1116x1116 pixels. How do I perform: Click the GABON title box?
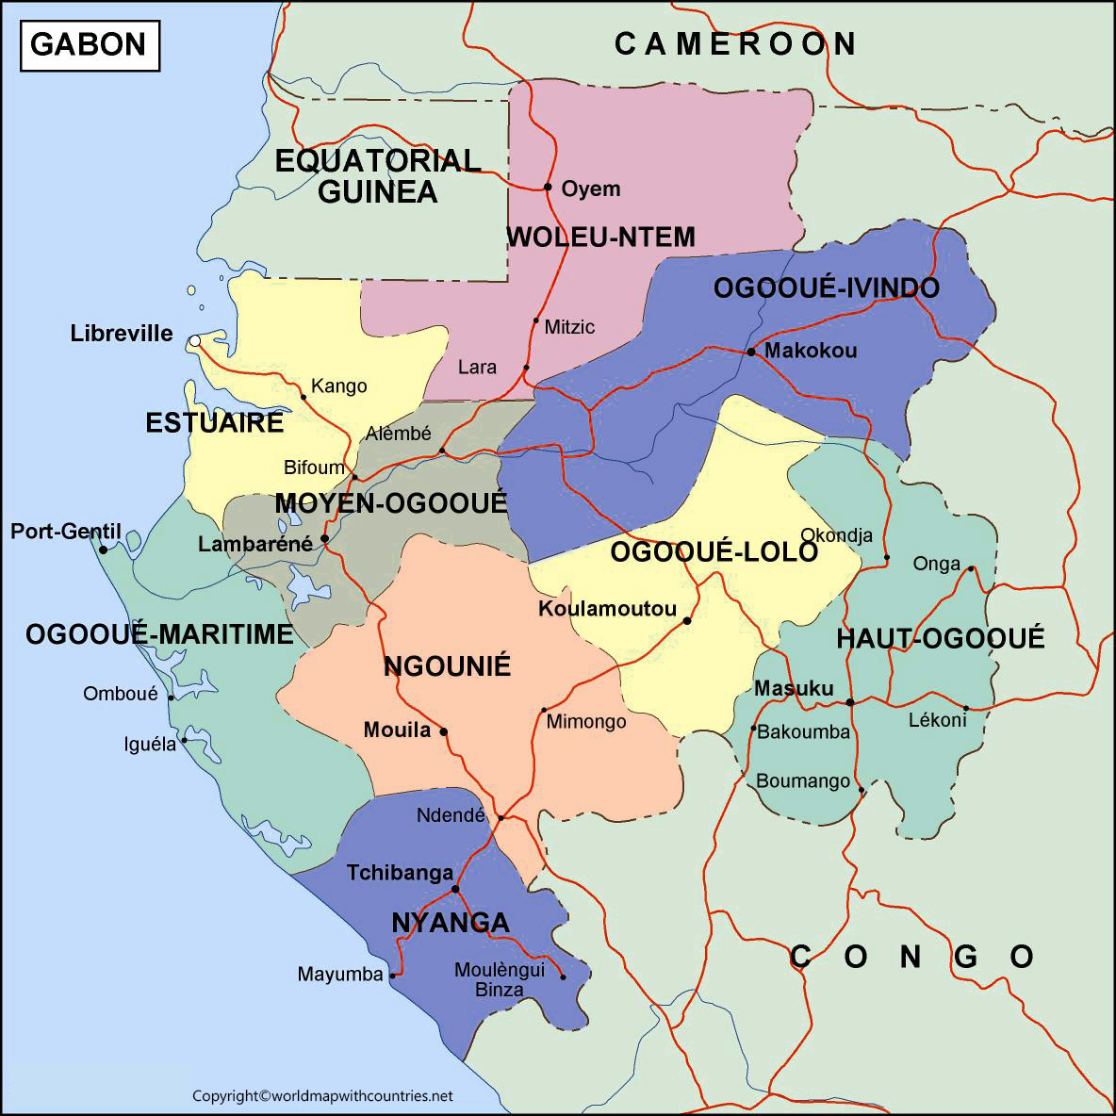tap(90, 44)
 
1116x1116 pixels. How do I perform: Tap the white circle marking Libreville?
tap(194, 340)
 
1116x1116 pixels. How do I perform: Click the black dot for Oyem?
tap(548, 187)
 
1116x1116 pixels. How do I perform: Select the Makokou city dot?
tap(751, 352)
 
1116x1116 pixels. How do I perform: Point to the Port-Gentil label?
tap(66, 532)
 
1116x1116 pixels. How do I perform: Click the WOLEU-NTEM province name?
tap(600, 238)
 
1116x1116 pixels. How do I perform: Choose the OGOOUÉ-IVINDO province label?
tap(826, 288)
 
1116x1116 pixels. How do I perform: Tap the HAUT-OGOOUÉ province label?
tap(940, 639)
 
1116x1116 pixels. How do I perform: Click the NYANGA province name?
tap(450, 923)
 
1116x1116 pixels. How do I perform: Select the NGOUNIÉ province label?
tap(447, 667)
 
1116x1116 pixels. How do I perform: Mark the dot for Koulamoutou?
tap(687, 620)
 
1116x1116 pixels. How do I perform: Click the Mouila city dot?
tap(444, 730)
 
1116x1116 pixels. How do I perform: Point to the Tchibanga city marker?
tap(455, 888)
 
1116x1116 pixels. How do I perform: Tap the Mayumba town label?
tap(340, 975)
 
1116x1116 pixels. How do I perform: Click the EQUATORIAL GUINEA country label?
tap(378, 176)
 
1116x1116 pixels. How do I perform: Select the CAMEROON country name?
tap(735, 43)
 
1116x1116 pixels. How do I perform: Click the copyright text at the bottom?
tap(322, 1096)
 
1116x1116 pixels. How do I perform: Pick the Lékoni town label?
tap(937, 720)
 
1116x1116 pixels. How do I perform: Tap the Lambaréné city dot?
tap(324, 539)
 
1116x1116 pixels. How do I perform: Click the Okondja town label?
tap(836, 535)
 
